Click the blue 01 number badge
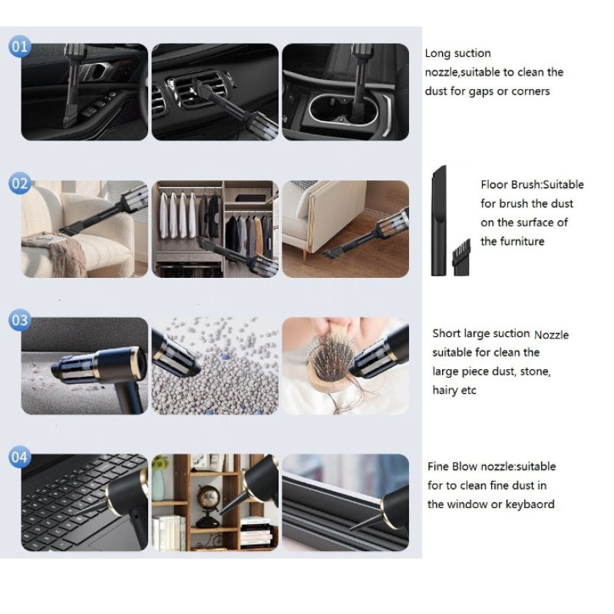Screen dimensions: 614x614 click(20, 47)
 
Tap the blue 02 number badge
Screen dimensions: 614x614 click(20, 183)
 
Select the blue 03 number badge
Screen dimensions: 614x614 click(20, 320)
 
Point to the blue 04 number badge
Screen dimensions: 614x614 click(20, 457)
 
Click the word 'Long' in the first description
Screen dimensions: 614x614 click(438, 54)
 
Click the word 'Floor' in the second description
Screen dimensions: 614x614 click(495, 184)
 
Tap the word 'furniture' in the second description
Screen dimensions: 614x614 click(525, 241)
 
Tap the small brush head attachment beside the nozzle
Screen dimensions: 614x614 click(462, 258)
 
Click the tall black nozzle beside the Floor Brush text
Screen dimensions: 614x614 click(438, 221)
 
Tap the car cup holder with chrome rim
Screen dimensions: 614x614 click(344, 110)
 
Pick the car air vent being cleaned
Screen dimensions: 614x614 click(196, 91)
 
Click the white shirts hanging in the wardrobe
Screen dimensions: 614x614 click(177, 215)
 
